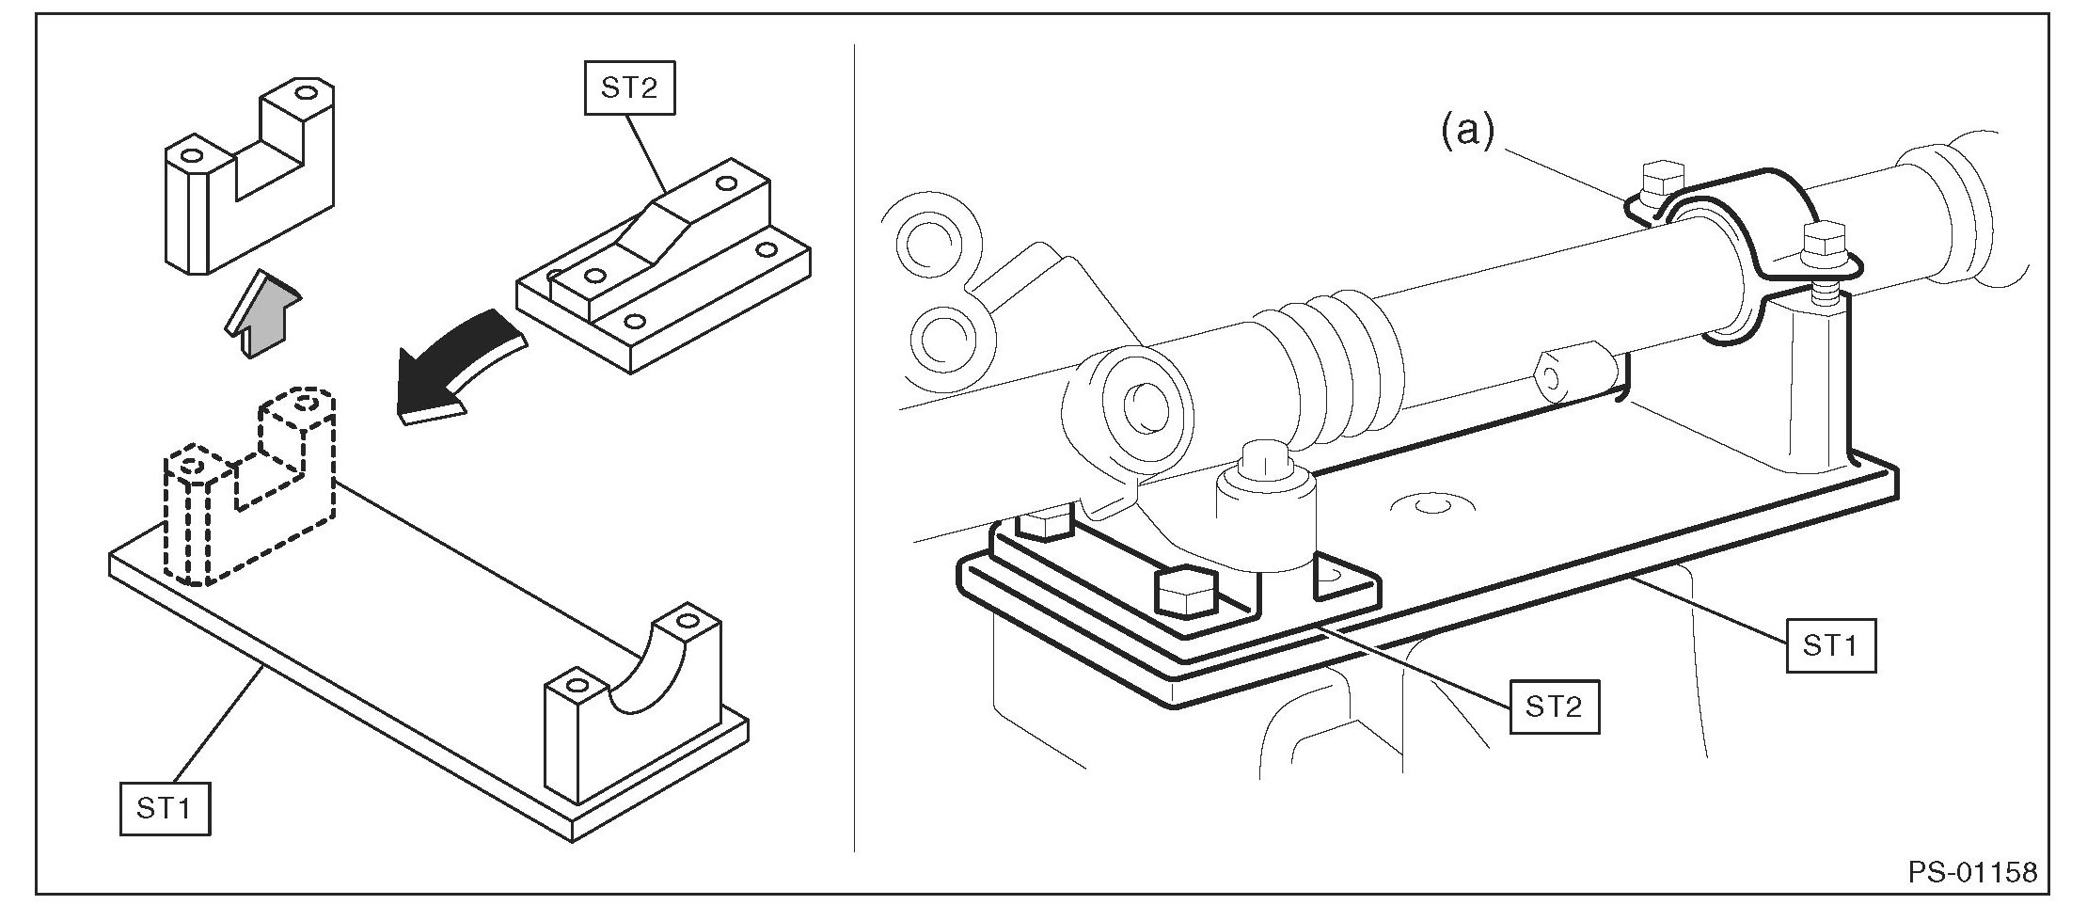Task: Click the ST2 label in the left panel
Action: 629,87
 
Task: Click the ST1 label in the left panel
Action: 165,808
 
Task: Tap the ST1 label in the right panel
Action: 1830,645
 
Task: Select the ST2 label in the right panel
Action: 1554,706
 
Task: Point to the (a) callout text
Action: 1467,133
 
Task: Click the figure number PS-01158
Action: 1972,872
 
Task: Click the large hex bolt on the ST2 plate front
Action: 1185,592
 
